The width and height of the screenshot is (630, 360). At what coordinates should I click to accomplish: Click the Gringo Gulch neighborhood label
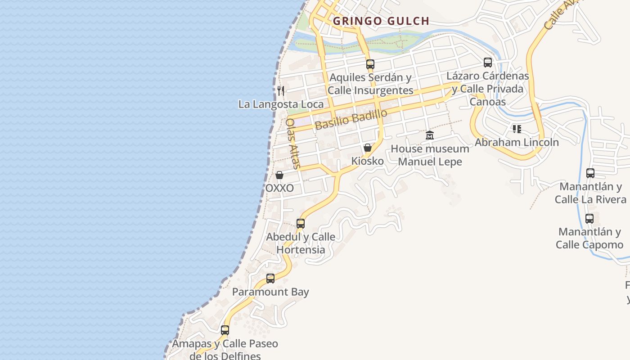(381, 21)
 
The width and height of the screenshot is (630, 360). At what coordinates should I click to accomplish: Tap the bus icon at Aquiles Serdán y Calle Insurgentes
(370, 64)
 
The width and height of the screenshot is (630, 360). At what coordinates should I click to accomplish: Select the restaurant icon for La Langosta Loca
(281, 91)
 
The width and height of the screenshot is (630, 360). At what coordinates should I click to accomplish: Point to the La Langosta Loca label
(281, 104)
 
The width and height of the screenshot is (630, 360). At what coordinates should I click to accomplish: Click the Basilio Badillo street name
(351, 119)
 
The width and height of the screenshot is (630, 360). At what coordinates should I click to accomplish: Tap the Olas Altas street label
(292, 143)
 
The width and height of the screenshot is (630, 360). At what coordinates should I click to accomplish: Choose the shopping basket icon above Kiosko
(368, 148)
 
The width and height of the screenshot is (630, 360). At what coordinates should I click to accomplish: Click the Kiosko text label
(368, 161)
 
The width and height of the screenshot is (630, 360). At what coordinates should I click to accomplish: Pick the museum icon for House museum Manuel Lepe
(430, 135)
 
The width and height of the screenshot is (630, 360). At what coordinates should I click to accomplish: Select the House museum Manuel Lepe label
(430, 155)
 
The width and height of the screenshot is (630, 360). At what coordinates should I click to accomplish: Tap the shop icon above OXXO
(279, 175)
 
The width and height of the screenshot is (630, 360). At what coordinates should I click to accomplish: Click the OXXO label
(279, 188)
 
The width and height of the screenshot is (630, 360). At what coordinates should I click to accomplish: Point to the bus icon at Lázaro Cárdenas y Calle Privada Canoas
(488, 63)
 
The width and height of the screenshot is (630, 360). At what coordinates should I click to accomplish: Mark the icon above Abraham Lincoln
(517, 129)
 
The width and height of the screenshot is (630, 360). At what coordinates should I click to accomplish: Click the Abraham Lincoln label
(517, 142)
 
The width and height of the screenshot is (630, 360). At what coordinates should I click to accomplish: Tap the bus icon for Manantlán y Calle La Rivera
(590, 173)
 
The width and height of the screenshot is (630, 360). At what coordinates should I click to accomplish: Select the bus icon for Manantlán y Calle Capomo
(589, 219)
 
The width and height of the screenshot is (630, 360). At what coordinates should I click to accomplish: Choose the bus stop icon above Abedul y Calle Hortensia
(301, 223)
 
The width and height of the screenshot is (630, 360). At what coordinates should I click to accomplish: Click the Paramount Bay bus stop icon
(270, 279)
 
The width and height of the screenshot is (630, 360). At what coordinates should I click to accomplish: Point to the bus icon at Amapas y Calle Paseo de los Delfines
(225, 330)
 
